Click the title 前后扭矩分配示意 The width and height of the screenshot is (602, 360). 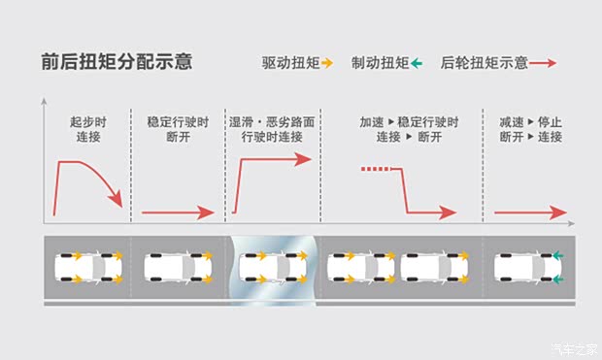point(117,61)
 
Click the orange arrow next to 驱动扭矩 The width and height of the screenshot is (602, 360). point(327,63)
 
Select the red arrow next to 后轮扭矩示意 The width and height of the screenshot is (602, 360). point(542,63)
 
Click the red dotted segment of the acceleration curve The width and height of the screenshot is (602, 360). point(377,170)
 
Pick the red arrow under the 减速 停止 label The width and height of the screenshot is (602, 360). point(529,213)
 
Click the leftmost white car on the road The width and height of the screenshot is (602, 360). point(87,267)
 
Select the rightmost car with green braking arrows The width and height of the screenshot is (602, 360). point(528,267)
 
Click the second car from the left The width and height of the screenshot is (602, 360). point(176,267)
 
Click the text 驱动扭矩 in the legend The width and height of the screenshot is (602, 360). point(289,63)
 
